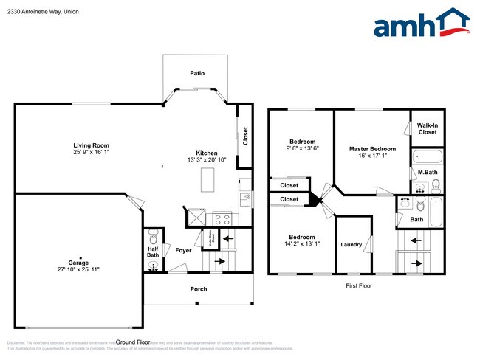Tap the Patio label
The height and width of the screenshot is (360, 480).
(x=196, y=73)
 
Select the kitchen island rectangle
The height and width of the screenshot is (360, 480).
(x=208, y=180)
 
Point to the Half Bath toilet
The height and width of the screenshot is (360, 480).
(x=153, y=238)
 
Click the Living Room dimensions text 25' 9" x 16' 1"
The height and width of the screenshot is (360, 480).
(x=91, y=152)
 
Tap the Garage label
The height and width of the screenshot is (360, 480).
(x=79, y=263)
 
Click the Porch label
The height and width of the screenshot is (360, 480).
(x=199, y=288)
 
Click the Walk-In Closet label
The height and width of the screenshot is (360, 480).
(x=427, y=128)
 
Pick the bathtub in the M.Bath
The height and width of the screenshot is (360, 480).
(x=425, y=156)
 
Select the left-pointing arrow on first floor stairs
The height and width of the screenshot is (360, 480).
(x=415, y=240)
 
